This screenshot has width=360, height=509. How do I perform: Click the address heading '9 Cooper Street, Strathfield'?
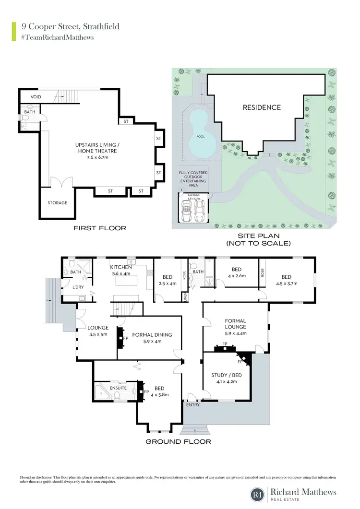pos(67,26)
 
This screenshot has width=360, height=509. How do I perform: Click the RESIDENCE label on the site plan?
pos(262,107)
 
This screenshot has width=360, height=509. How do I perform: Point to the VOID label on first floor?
pos(30,97)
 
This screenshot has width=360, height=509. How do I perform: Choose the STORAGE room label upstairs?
pos(57,203)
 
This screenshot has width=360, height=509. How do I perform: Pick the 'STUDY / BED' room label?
pos(226,376)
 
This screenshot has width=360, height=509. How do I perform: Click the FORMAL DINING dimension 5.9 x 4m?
pos(151,342)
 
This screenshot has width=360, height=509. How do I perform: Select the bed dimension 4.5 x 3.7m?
pos(287,284)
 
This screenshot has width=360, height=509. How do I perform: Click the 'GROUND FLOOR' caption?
pos(178,441)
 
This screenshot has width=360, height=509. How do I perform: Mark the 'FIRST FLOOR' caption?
pos(100,228)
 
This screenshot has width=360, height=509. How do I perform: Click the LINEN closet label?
pos(185,297)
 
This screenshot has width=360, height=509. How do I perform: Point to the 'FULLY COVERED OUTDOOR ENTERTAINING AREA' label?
pos(192,178)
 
